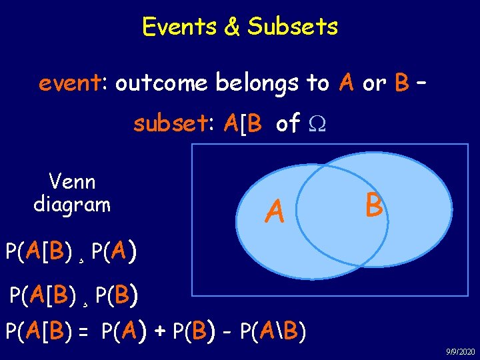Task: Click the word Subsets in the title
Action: [x=293, y=27]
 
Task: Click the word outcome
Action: [x=163, y=83]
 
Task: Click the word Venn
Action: [x=72, y=181]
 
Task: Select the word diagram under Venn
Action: [x=72, y=204]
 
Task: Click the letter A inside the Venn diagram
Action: [x=274, y=212]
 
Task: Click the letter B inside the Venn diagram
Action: [x=374, y=205]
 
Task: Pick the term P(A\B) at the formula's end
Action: [x=271, y=330]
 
